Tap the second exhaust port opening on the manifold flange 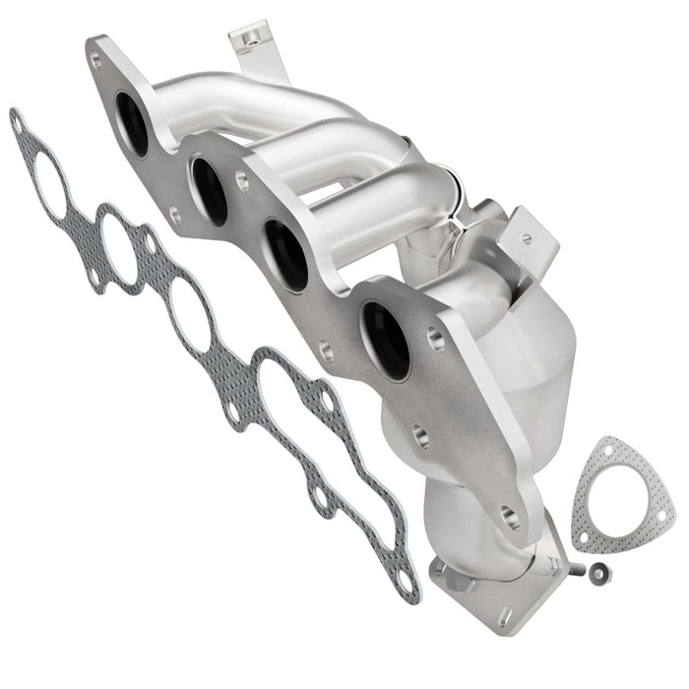pyautogui.click(x=210, y=190)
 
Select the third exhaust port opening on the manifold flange pyautogui.click(x=286, y=255)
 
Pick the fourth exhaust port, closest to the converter pyautogui.click(x=385, y=341)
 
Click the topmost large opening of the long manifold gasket pyautogui.click(x=52, y=186)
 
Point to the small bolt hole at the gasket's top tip pyautogui.click(x=17, y=122)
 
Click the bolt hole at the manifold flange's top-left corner pyautogui.click(x=94, y=59)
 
